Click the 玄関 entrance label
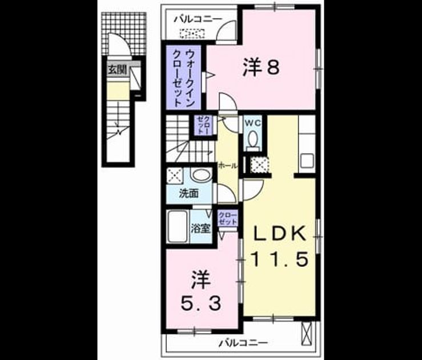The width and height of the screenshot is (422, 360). click(117, 70)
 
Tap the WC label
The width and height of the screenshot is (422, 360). click(254, 123)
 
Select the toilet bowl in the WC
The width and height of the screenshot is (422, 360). click(253, 139)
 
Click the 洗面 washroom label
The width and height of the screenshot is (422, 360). click(189, 193)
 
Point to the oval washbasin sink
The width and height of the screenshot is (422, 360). click(202, 175)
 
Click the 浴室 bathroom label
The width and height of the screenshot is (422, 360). click(200, 229)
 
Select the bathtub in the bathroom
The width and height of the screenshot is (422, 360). click(177, 226)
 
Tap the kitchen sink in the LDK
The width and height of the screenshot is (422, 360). click(307, 161)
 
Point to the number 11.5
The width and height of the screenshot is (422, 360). click(280, 259)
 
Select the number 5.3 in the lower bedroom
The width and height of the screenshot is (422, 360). click(201, 303)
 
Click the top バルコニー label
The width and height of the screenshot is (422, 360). click(198, 19)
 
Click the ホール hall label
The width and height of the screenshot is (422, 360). click(227, 166)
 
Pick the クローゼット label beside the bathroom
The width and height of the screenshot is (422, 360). click(228, 219)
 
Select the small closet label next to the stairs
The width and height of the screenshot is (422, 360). click(203, 126)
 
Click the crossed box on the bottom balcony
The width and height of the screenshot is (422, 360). click(307, 333)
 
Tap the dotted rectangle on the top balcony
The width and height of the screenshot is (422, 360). click(192, 33)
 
